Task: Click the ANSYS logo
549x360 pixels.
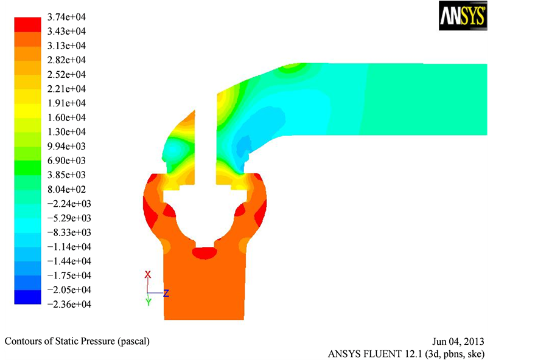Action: tap(463, 15)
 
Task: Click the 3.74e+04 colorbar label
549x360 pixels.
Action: tap(66, 17)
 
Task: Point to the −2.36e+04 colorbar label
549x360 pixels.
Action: tap(69, 304)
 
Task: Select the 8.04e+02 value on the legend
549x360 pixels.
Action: tap(66, 189)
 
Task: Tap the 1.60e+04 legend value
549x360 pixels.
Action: tap(66, 117)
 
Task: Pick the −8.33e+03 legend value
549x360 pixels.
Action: tap(69, 232)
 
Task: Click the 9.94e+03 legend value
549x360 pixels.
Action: tap(66, 146)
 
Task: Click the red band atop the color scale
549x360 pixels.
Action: tap(27, 24)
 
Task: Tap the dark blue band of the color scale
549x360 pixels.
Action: tap(27, 297)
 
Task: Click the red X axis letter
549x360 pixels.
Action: tap(148, 275)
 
